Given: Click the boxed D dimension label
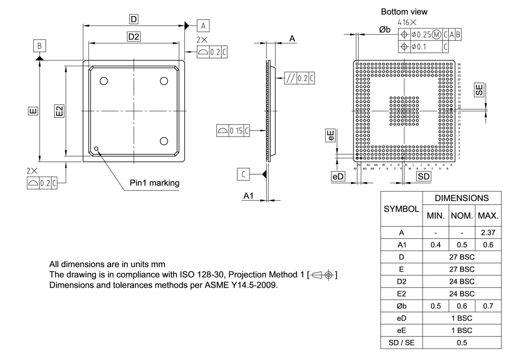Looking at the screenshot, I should point(133,19).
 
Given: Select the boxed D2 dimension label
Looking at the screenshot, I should point(134,37).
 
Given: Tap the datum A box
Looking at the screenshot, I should point(203,26).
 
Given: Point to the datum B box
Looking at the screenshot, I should point(39,46).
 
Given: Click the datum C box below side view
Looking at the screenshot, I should point(243,174).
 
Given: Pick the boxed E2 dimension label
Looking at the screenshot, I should point(59,111).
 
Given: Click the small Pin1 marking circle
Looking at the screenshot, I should point(96,149).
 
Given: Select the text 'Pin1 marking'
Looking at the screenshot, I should point(154,183).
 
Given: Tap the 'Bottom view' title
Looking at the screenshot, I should point(404,12).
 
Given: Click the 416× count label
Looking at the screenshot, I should point(407,23).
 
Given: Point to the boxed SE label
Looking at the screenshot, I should point(479,90).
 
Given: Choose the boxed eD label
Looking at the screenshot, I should point(338,177).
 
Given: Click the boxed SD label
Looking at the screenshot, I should point(424,177).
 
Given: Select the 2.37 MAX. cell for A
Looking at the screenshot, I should point(488,233).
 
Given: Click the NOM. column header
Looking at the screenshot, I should point(462,215).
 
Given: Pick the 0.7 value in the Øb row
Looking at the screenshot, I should point(488,306).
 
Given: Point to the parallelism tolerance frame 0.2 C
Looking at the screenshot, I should point(299,78).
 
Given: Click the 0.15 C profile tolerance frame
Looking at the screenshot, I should point(233,131).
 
